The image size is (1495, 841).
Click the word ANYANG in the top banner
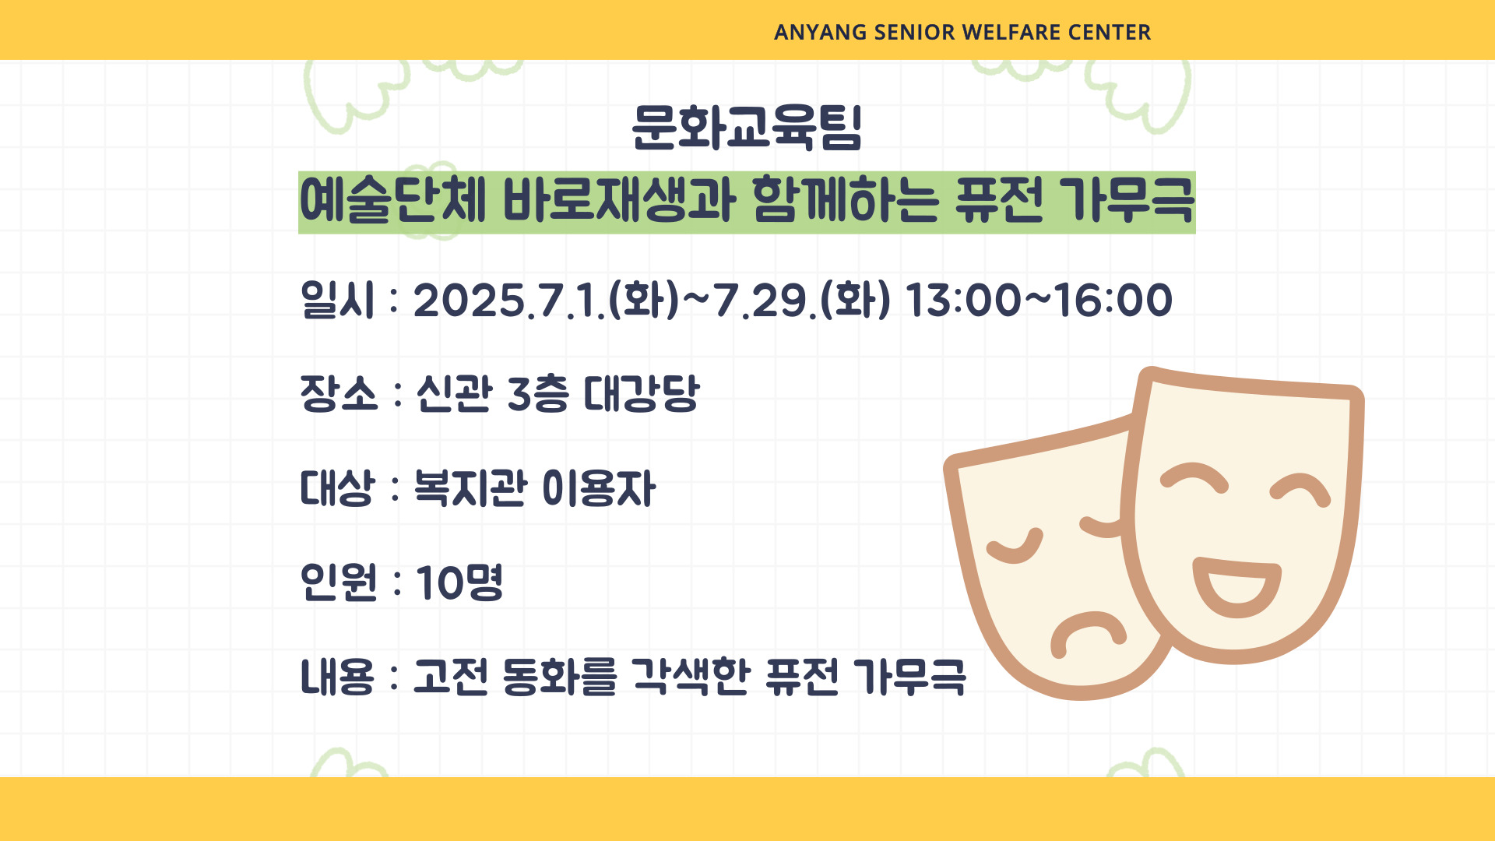820,33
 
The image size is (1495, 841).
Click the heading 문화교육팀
747,127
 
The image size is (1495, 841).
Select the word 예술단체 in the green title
392,201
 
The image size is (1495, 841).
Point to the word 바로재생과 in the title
619,201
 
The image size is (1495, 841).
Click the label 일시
338,300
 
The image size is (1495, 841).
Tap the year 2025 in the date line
469,301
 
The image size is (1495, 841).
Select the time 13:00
963,301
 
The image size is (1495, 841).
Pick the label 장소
339,393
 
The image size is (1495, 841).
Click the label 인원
339,582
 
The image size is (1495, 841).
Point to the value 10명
459,582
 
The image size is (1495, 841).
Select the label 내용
337,676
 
